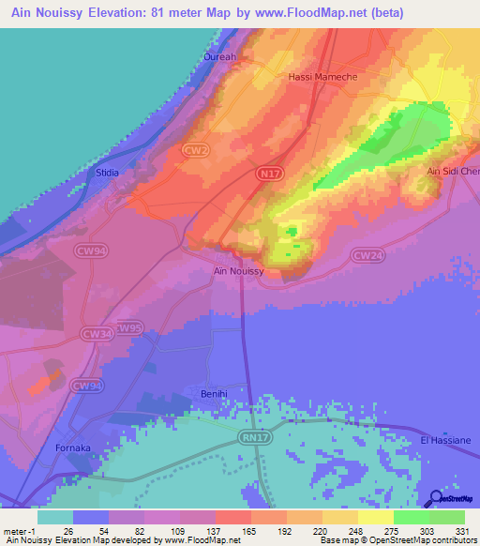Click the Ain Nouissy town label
(x=239, y=271)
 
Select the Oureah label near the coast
(x=220, y=56)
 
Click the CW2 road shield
(x=195, y=149)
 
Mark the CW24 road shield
(x=366, y=254)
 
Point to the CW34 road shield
(x=95, y=333)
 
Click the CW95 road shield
(x=129, y=327)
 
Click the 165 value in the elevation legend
(x=250, y=531)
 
